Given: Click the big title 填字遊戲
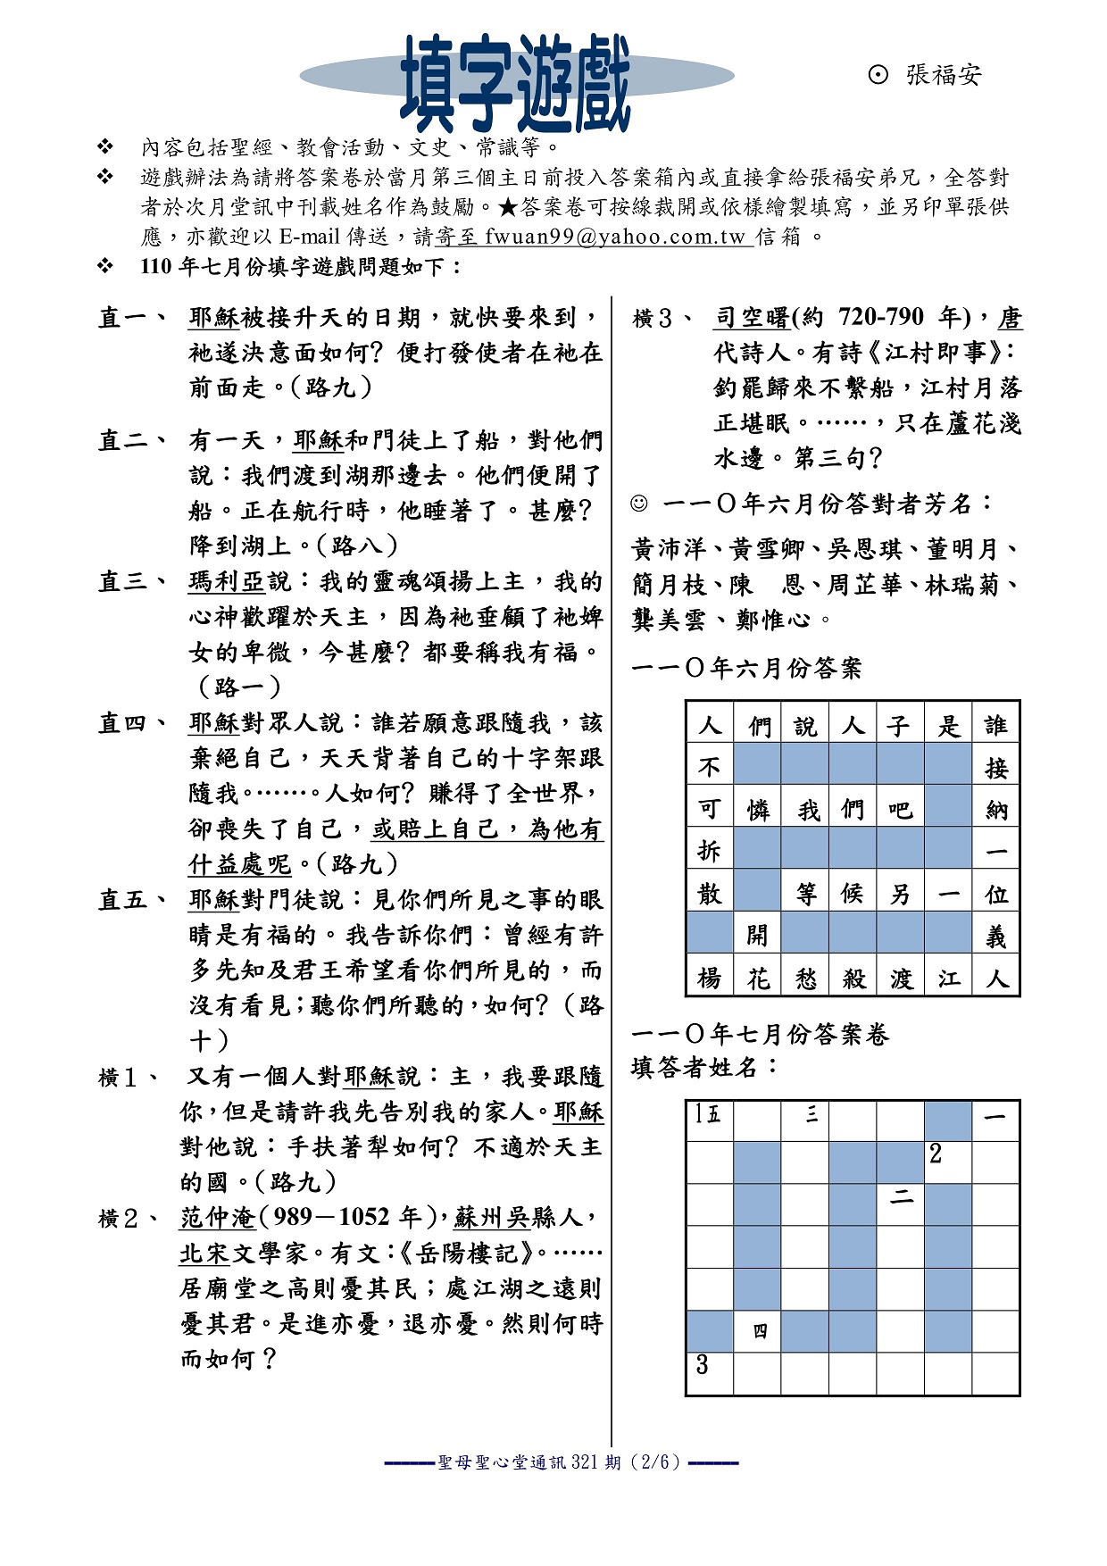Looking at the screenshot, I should coord(516,82).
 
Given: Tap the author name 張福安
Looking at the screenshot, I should coord(943,75).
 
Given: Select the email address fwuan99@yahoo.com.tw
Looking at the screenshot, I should coord(615,237).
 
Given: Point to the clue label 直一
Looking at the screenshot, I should coord(131,318).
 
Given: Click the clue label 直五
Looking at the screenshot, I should coord(131,900).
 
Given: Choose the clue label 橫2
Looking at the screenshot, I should coord(129,1219).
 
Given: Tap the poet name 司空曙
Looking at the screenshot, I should coord(752,318).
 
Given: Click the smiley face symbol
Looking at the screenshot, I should coord(639,504).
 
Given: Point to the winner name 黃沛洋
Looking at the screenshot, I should coord(668,548).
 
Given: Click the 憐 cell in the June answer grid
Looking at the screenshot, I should coord(758,809).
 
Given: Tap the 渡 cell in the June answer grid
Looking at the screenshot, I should coord(901,979).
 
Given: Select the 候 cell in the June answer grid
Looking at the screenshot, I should coord(853,894).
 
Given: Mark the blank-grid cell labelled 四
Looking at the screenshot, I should coord(758,1331).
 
